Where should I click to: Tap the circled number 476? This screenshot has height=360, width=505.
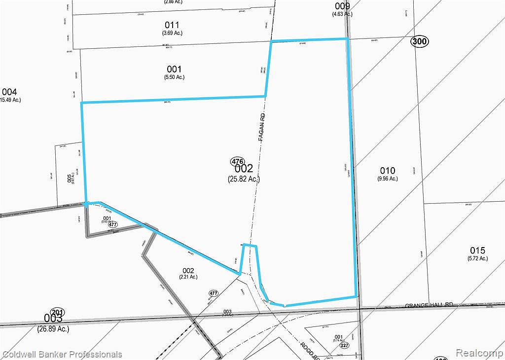237,162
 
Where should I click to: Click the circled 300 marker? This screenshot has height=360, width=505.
419,42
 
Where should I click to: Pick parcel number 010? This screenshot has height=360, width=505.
388,171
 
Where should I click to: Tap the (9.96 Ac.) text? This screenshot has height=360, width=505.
388,179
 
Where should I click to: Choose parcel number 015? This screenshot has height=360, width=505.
477,250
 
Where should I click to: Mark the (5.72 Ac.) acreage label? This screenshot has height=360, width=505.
477,258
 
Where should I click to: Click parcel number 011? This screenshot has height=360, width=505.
172,25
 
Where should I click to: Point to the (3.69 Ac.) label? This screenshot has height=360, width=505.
172,33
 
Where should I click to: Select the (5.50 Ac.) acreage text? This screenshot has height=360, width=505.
174,77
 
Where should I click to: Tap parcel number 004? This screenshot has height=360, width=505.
9,92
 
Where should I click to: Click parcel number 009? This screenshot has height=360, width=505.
342,6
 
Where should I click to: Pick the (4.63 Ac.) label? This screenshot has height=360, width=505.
342,14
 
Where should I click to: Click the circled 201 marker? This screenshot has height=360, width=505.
58,312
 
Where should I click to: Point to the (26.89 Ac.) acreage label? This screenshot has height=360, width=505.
53,328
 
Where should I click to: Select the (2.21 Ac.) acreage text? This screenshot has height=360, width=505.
188,277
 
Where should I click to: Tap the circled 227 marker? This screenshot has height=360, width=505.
344,345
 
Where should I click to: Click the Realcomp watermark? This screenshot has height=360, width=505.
478,353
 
